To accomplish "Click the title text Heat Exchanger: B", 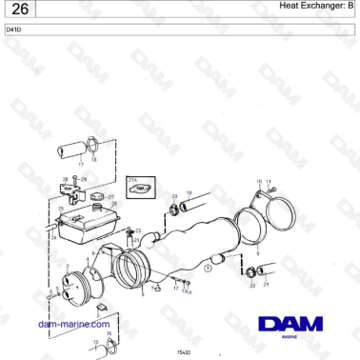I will point(315,7).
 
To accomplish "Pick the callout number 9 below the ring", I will point(257,254).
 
